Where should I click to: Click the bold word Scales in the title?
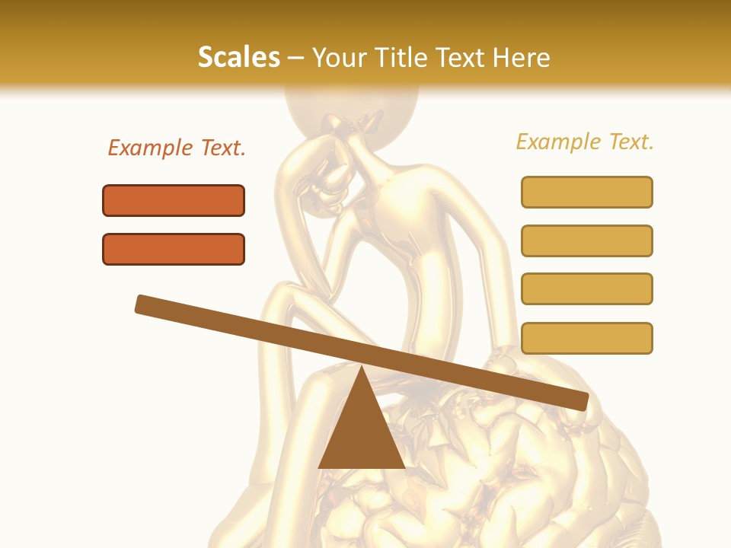point(238,58)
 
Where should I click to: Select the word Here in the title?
point(522,58)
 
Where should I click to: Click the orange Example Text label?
point(177,148)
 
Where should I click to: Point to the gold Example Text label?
point(585,142)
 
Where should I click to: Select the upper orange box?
point(174,200)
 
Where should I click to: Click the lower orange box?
point(174,249)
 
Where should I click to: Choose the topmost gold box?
point(586,192)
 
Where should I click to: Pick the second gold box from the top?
point(586,241)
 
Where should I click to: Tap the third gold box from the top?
point(586,288)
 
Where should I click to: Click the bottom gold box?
point(586,338)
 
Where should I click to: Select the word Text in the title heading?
point(468,58)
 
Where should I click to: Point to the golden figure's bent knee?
point(286,293)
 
